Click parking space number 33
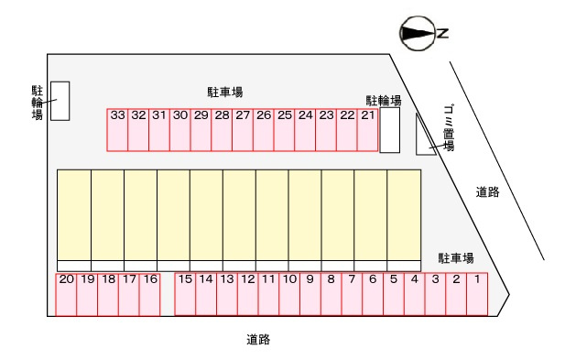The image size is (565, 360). click(117, 130)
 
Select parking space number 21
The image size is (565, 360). click(368, 130)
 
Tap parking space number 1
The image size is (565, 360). click(477, 294)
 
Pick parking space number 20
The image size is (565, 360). click(66, 294)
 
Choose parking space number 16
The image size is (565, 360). click(150, 294)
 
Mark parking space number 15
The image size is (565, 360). click(185, 294)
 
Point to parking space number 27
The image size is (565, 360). click(243, 130)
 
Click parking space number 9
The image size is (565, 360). click(310, 294)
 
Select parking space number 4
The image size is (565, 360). click(414, 294)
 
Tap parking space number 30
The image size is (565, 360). click(179, 130)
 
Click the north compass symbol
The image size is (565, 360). click(422, 34)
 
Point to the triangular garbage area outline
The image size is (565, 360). click(424, 136)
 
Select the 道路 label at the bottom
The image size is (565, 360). click(258, 340)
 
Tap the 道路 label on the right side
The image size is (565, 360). click(487, 191)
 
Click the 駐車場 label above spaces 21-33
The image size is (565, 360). click(224, 92)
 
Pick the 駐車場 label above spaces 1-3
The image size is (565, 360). click(455, 258)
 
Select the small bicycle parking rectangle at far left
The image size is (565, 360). click(60, 101)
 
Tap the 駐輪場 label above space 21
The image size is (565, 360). click(384, 100)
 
